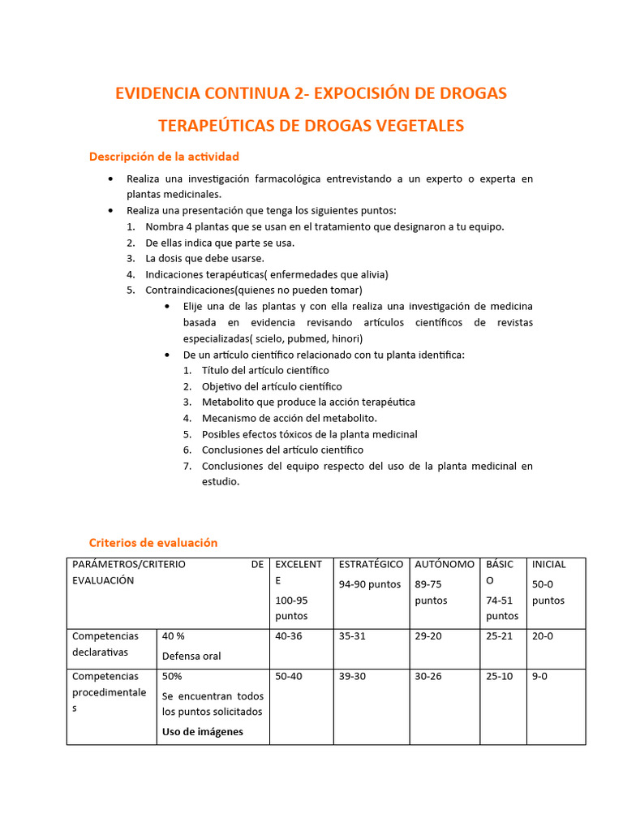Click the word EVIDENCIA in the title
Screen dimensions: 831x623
click(x=156, y=93)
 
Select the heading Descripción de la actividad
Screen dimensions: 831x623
click(x=164, y=156)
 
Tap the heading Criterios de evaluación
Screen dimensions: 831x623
click(x=153, y=543)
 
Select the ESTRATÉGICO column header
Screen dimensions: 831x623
click(x=371, y=565)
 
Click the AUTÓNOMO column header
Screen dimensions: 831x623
click(x=445, y=564)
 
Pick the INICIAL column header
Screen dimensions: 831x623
click(x=549, y=564)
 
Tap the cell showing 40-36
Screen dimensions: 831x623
click(x=289, y=636)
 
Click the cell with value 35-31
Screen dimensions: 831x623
click(x=352, y=636)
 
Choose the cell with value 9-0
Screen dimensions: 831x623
click(x=539, y=676)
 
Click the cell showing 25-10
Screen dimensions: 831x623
click(x=499, y=676)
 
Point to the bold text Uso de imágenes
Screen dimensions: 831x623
click(x=202, y=731)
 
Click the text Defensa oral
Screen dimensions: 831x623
click(x=191, y=656)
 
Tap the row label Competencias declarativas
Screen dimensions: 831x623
click(x=105, y=644)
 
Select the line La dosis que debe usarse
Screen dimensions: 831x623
click(x=204, y=259)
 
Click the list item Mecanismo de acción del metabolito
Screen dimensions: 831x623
click(x=289, y=418)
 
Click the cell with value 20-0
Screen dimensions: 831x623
click(x=543, y=636)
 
